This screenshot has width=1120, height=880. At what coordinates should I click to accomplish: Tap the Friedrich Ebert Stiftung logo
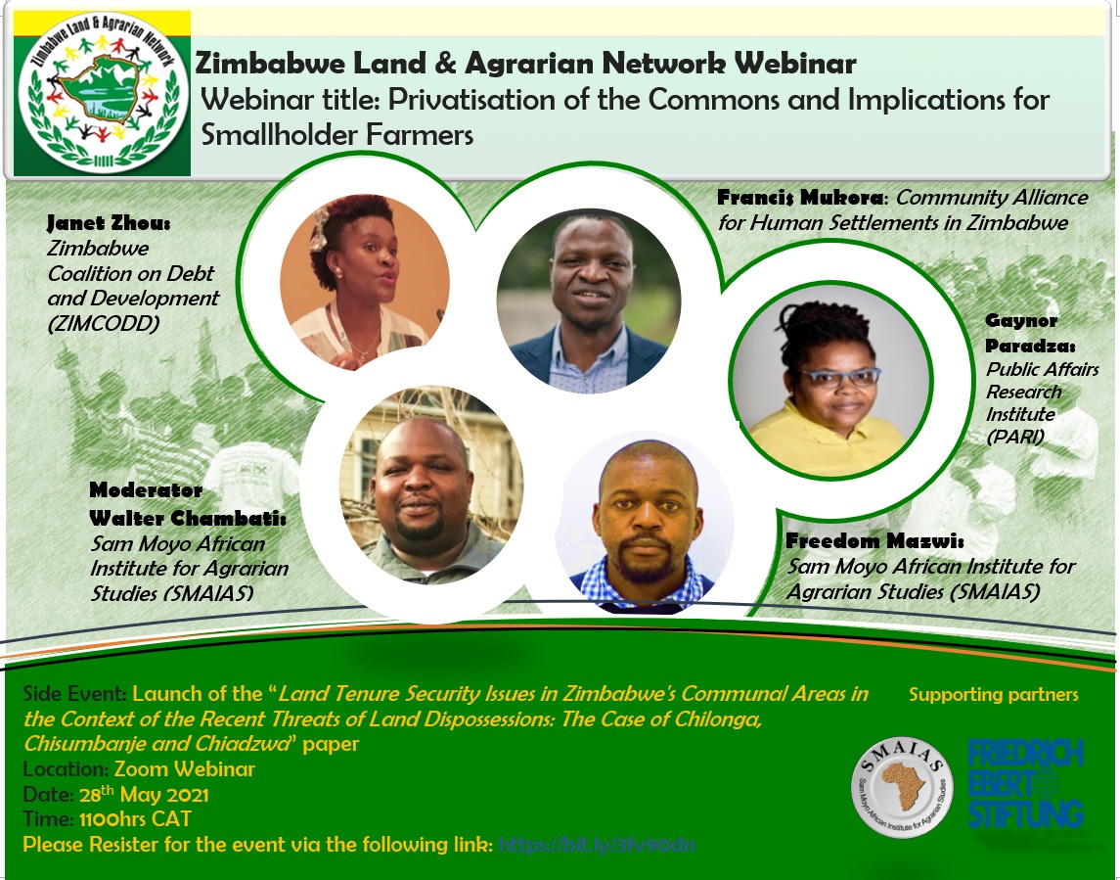(x=1025, y=784)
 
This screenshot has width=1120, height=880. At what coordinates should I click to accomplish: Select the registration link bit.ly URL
(x=597, y=845)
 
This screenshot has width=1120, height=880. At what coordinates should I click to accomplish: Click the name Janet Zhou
(x=108, y=225)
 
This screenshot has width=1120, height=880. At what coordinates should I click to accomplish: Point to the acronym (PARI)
(x=1015, y=437)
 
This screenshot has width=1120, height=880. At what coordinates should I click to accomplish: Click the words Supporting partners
(x=993, y=695)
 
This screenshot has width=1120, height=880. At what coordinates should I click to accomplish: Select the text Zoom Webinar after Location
(x=185, y=769)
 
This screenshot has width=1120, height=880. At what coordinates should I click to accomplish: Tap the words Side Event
(x=73, y=695)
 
